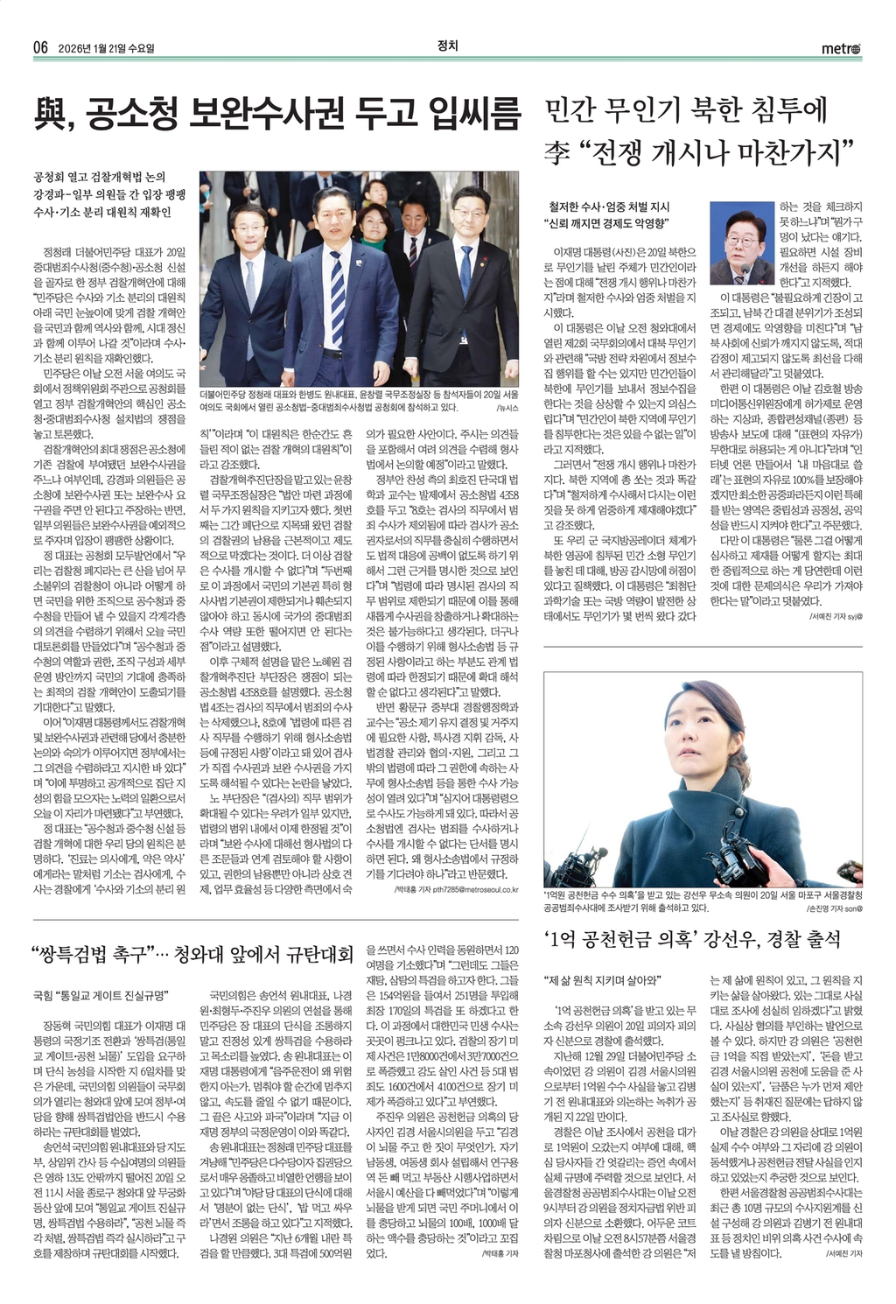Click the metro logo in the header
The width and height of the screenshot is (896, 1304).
tap(841, 48)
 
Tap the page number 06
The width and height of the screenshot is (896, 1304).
tap(40, 48)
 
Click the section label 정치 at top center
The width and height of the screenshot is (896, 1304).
tap(447, 46)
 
